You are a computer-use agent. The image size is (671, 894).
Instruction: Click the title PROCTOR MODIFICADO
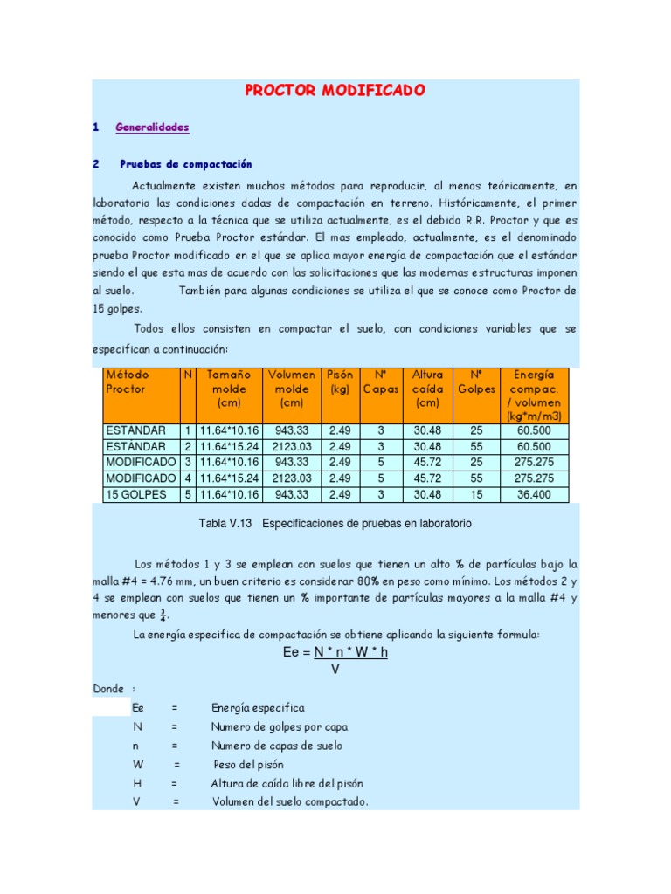click(335, 91)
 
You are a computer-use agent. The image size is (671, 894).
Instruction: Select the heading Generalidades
click(152, 127)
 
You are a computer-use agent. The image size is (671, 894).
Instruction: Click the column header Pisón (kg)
click(340, 382)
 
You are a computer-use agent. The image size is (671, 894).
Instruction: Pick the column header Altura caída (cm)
click(427, 389)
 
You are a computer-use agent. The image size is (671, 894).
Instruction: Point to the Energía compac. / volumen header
click(533, 395)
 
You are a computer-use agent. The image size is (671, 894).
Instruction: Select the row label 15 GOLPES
click(136, 494)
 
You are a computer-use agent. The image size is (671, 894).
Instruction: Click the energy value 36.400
click(533, 494)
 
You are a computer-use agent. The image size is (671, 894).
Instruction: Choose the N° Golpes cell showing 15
click(475, 494)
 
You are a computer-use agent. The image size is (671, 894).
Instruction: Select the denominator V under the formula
click(335, 669)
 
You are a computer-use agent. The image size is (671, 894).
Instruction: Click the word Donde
click(108, 689)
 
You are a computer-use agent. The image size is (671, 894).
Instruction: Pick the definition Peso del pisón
click(249, 765)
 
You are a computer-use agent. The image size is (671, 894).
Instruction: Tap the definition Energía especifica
click(258, 708)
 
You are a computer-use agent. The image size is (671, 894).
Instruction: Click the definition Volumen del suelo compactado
click(290, 802)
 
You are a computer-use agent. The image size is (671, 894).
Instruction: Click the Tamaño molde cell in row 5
click(229, 494)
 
